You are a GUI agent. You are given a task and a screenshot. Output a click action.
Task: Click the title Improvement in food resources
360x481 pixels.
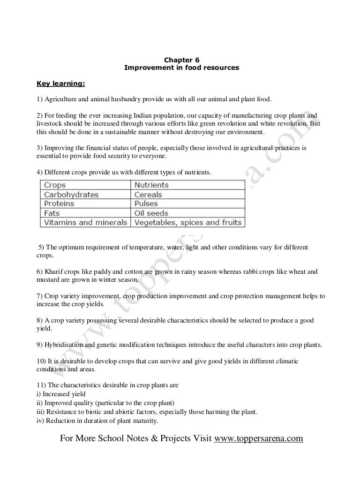click(x=181, y=68)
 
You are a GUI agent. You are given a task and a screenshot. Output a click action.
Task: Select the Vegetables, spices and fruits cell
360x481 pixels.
click(x=188, y=222)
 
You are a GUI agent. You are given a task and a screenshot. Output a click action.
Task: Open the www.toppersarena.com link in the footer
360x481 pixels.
click(x=258, y=439)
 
